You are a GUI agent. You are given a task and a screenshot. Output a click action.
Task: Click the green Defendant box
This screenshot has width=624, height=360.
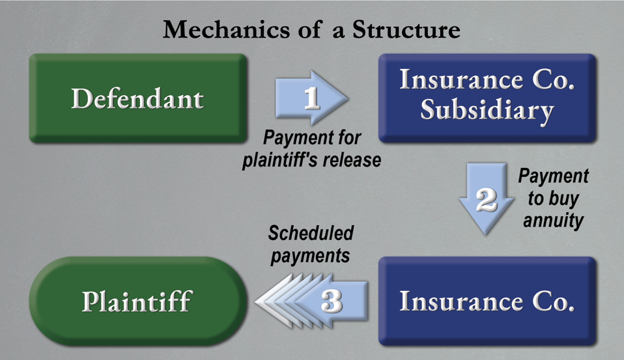tap(137, 98)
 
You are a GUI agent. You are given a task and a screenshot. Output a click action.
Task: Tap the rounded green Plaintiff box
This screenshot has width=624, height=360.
tap(137, 301)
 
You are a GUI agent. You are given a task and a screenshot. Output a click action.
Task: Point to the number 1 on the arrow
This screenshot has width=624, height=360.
tap(312, 98)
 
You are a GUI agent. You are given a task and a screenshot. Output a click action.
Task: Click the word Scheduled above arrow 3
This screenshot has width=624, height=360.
tap(311, 233)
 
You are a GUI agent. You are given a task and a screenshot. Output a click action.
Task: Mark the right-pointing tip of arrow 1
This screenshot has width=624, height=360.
tap(348, 98)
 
